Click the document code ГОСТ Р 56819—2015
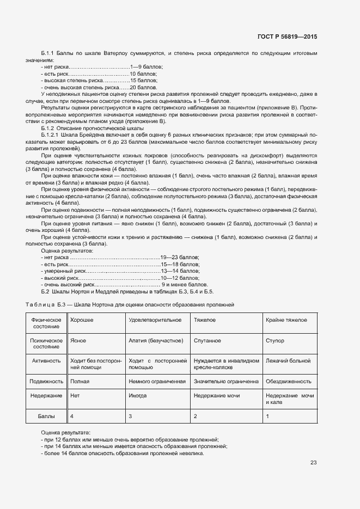(287, 36)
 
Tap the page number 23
(313, 463)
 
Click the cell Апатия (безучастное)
(155, 340)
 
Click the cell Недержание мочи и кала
(289, 398)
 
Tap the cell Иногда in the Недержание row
(138, 395)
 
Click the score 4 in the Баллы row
(72, 416)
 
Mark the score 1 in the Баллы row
(267, 416)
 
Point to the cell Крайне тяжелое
(285, 320)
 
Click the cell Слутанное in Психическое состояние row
(207, 340)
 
